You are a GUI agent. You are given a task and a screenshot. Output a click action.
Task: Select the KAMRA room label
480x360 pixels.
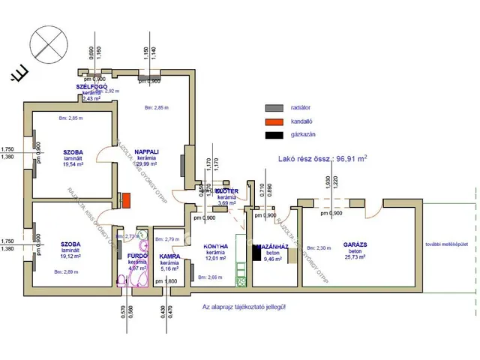169,256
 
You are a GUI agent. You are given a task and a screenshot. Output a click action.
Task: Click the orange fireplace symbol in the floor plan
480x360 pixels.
127,201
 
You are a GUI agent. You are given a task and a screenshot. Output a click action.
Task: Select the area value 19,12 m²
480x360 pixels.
71,254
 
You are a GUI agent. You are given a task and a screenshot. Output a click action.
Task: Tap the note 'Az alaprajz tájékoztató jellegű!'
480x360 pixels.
244,307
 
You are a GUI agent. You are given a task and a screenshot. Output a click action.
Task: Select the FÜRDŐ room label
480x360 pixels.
136,256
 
